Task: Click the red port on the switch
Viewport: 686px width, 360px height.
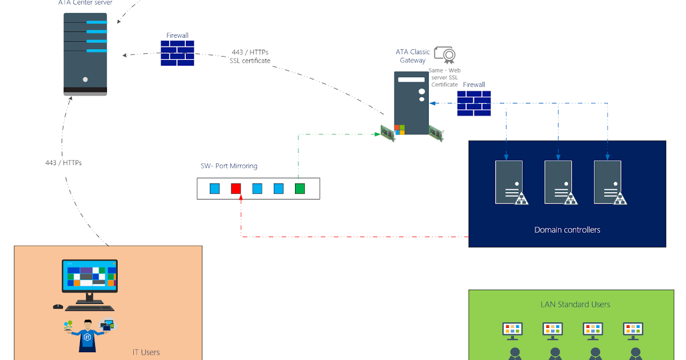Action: click(x=236, y=189)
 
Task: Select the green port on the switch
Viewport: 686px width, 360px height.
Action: click(x=300, y=189)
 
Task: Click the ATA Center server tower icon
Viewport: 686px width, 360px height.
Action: click(x=85, y=54)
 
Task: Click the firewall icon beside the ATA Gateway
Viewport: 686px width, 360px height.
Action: click(x=474, y=103)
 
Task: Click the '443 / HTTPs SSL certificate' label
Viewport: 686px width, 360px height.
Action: click(x=250, y=57)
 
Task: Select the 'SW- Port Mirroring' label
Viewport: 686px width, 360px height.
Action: click(x=229, y=166)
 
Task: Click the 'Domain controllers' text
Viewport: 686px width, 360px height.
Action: click(x=567, y=230)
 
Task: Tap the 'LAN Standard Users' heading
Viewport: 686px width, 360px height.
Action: click(x=575, y=305)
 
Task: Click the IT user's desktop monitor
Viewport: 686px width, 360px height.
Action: click(x=89, y=277)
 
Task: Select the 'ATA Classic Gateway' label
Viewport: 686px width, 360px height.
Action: click(x=413, y=56)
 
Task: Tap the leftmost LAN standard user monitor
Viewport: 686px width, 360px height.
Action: click(x=513, y=330)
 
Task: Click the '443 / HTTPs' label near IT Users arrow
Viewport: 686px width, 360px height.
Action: click(x=63, y=163)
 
